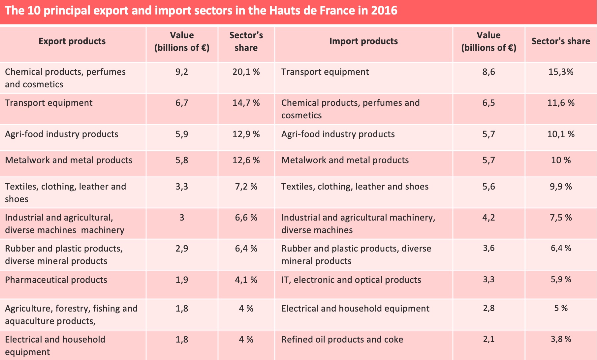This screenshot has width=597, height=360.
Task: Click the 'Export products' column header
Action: coord(72,41)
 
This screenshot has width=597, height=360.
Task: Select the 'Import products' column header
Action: coord(363,41)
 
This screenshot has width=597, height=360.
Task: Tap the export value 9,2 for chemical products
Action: coord(182,72)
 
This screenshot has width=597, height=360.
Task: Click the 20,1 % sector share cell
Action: coord(246,72)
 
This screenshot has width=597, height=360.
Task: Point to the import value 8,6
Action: coord(488,72)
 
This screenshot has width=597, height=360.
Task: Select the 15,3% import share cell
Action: coord(561,72)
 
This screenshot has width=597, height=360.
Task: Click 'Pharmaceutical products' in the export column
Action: coord(56,280)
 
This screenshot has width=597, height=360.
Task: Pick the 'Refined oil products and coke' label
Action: coord(342,340)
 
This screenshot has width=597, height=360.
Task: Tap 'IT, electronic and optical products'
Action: coord(351,280)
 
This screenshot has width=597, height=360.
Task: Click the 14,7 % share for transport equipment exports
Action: coord(246,103)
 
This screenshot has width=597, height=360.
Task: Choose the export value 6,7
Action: coord(182,103)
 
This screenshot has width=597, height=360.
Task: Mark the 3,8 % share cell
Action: coord(561,339)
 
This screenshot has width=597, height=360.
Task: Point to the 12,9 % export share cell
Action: coord(246,134)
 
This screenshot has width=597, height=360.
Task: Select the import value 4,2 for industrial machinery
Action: coord(488,218)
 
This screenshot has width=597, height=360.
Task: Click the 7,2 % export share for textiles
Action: coord(246,187)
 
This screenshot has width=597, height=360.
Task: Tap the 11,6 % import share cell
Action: coord(561,103)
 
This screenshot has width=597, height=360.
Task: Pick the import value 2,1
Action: coord(488,339)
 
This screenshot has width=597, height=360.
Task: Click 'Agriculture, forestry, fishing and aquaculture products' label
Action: coord(71,315)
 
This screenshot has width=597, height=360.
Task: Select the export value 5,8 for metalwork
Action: coord(182,160)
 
